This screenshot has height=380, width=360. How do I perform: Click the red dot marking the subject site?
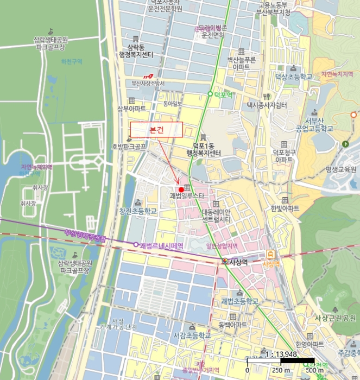coord(181,188)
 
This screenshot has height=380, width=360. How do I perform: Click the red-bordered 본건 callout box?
coord(156,130)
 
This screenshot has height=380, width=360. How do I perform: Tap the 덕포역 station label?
coord(223,94)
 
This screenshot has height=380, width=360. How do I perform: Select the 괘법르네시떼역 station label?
coord(161,245)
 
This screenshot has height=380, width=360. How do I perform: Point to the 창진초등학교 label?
coord(138,211)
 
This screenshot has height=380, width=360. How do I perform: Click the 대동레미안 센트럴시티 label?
coord(216,216)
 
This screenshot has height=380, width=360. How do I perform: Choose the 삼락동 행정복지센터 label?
coord(140,51)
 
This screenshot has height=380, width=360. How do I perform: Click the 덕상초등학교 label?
coord(294,77)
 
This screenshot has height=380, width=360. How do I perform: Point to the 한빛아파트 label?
coord(285,208)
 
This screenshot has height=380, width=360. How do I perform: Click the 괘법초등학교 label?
coord(239,301)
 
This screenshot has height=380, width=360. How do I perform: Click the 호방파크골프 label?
coord(129,147)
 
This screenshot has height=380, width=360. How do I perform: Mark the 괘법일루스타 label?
coord(186,195)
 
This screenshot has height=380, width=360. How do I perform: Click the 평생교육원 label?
coord(341,169)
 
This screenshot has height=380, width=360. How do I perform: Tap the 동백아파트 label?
coord(233,325)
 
